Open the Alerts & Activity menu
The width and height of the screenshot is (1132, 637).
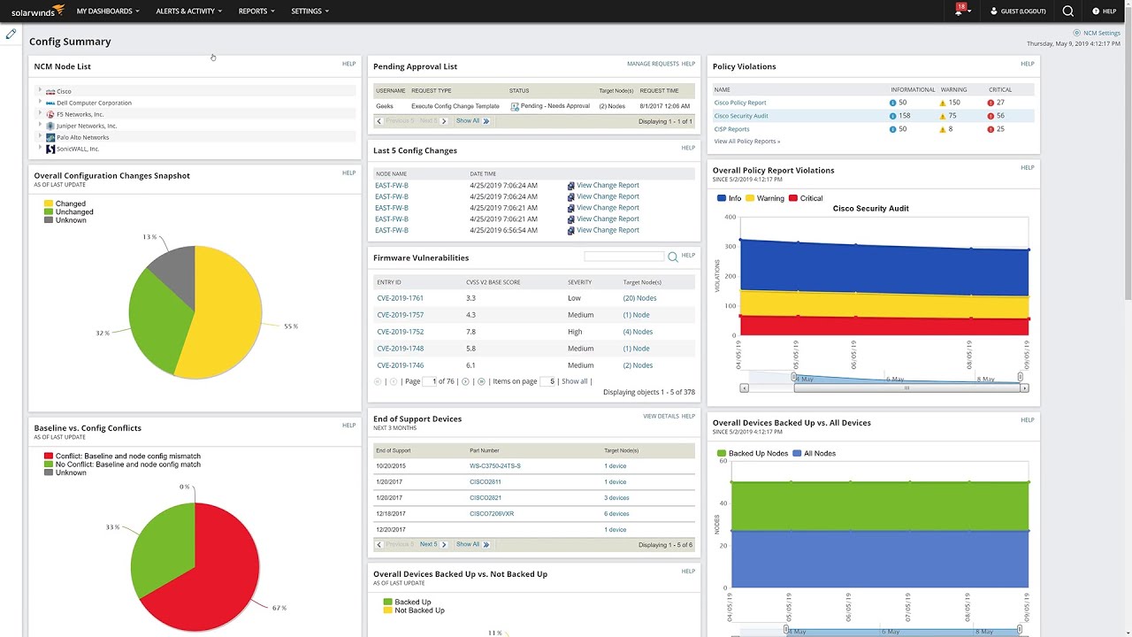188,12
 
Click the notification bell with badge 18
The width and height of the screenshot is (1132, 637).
960,12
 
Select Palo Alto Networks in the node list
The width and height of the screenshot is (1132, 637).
82,137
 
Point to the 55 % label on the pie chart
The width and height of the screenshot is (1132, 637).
291,326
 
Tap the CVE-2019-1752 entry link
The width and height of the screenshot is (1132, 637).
400,332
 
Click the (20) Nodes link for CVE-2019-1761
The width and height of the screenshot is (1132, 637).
639,298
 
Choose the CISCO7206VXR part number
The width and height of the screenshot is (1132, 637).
492,514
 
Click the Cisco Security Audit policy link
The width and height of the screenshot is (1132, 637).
741,116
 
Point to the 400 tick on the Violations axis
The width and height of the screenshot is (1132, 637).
730,217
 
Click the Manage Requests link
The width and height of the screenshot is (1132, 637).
653,64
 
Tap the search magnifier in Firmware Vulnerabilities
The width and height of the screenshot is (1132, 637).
673,257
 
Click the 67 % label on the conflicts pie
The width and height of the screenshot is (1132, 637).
279,608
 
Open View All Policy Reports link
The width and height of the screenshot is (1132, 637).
746,142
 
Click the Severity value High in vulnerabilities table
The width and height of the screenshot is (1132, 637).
575,332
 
